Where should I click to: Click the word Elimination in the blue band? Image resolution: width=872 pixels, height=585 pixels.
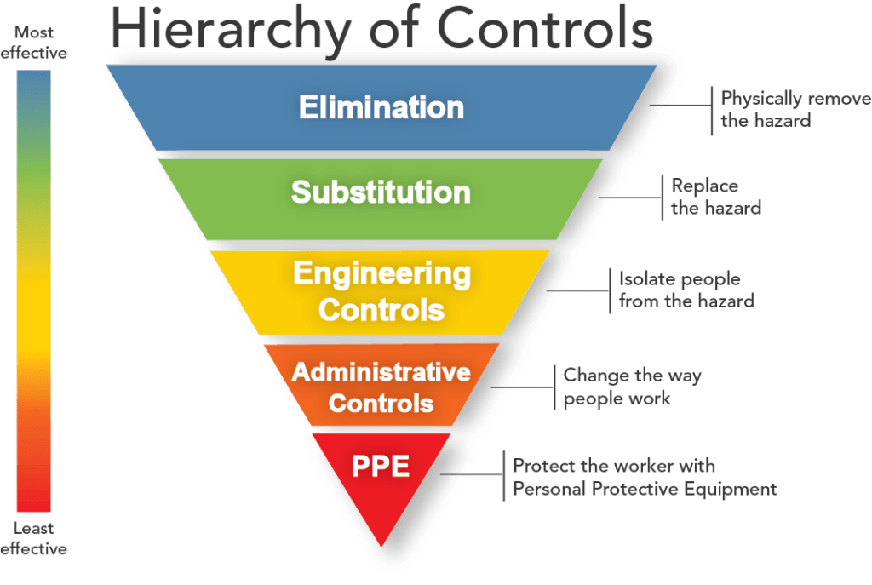pyautogui.click(x=381, y=108)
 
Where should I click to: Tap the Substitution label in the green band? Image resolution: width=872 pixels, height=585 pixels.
pyautogui.click(x=381, y=192)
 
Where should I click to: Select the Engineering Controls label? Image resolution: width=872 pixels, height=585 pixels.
pyautogui.click(x=381, y=291)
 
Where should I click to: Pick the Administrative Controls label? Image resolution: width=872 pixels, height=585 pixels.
pyautogui.click(x=381, y=387)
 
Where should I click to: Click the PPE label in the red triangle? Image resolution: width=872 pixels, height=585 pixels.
pyautogui.click(x=381, y=467)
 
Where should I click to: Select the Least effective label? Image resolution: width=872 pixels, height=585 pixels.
pyautogui.click(x=34, y=538)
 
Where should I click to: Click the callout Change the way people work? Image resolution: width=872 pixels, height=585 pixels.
pyautogui.click(x=632, y=387)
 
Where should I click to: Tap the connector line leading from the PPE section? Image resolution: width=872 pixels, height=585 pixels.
pyautogui.click(x=473, y=474)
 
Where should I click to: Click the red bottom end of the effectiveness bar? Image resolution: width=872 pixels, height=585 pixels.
pyautogui.click(x=34, y=502)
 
